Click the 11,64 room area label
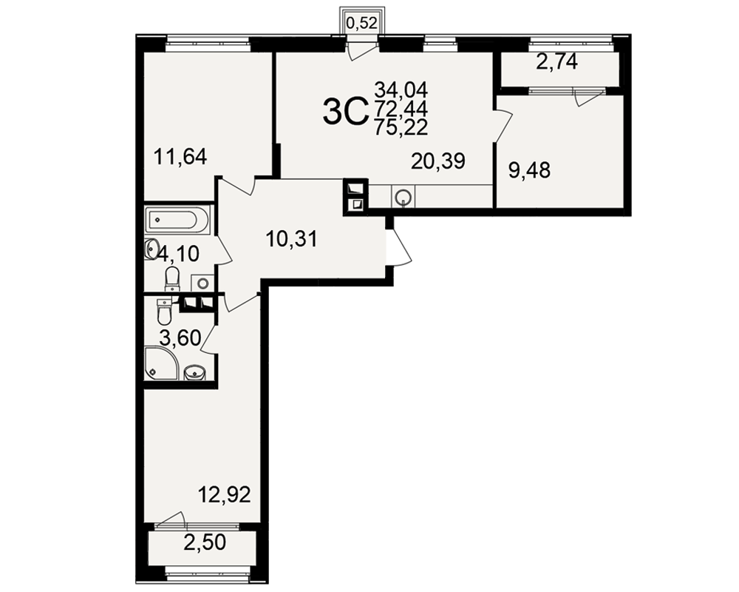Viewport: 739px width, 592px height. click(180, 157)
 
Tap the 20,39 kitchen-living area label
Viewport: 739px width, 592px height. click(437, 161)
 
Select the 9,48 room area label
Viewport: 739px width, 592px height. click(529, 170)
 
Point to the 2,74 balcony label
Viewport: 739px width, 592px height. click(557, 62)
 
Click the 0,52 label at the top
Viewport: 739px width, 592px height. click(362, 23)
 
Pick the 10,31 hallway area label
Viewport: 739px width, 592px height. click(292, 239)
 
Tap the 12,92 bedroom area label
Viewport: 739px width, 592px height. click(224, 495)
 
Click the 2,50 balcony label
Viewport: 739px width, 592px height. click(205, 542)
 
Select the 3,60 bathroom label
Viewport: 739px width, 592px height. click(180, 338)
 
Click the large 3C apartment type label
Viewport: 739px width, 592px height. click(345, 112)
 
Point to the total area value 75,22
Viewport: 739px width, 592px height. click(401, 127)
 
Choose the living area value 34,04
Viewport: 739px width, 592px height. click(401, 90)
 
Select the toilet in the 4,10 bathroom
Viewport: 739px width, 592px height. click(172, 278)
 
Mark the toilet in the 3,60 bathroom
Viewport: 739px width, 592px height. click(165, 310)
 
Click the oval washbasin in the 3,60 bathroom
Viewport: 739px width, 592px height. click(194, 372)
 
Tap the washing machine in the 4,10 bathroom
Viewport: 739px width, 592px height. click(202, 283)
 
